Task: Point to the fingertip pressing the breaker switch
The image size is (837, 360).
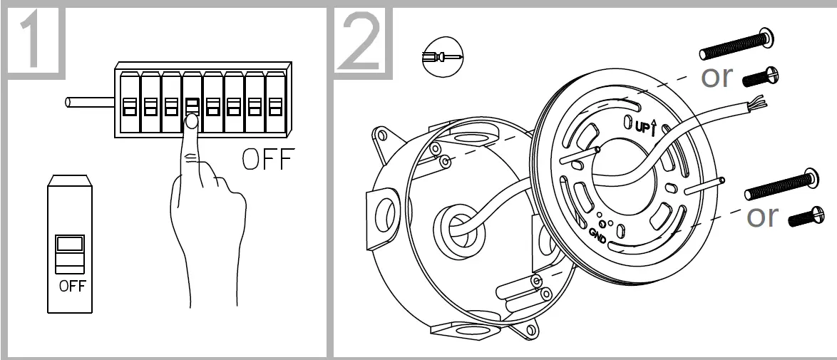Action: click(x=191, y=123)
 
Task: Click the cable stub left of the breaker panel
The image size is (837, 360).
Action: click(x=89, y=103)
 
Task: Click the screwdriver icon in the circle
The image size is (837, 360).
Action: click(x=441, y=55)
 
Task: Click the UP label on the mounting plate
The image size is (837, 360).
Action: click(x=644, y=125)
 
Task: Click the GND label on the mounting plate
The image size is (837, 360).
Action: click(x=598, y=236)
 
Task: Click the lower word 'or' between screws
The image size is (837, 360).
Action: click(x=763, y=216)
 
